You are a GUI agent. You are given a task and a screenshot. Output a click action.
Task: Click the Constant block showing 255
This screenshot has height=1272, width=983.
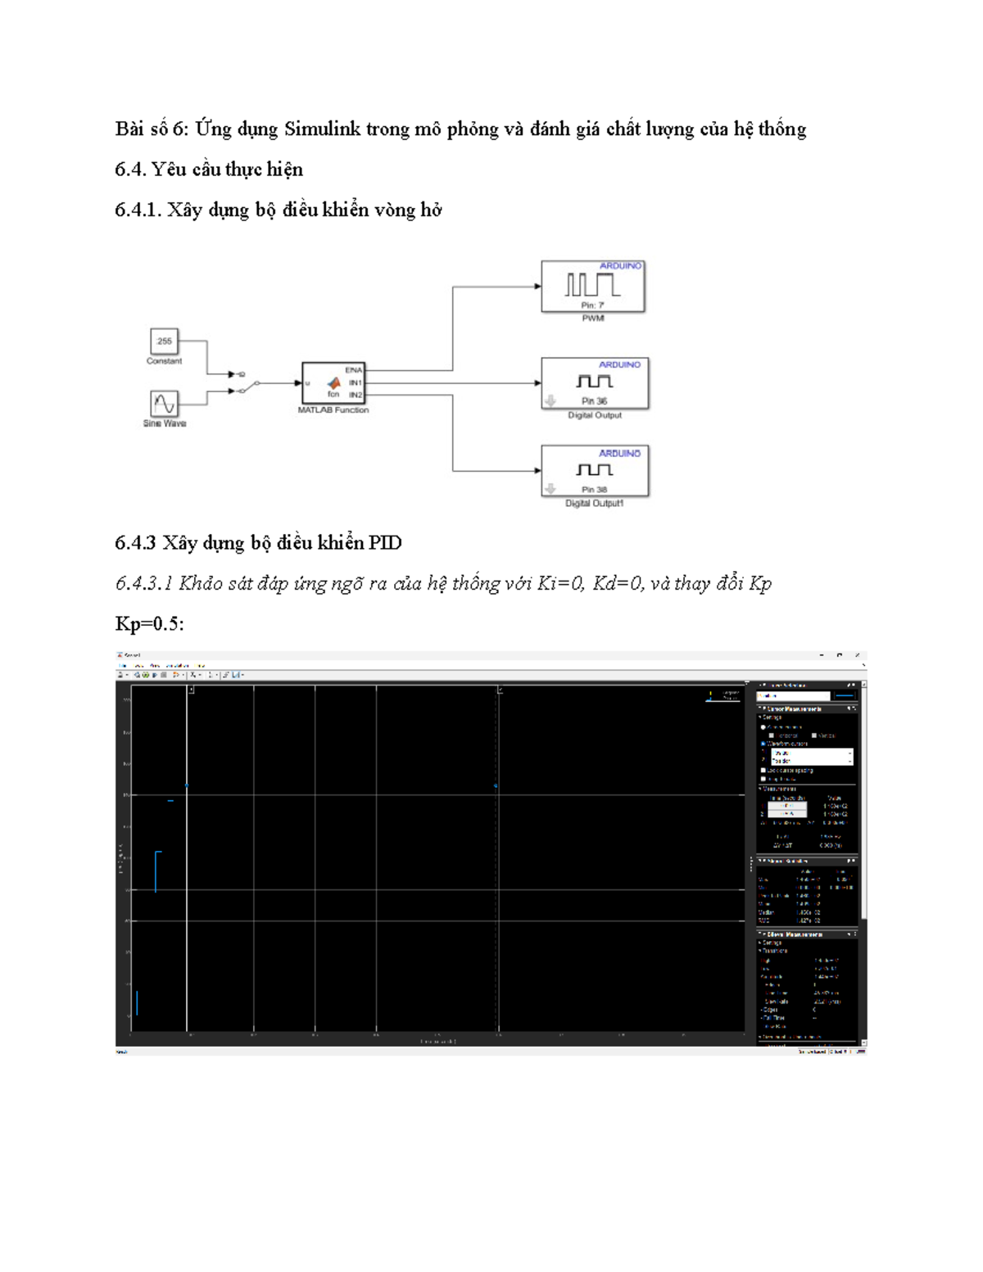[x=164, y=342]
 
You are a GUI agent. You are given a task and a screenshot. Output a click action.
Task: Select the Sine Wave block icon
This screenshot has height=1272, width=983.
[x=164, y=404]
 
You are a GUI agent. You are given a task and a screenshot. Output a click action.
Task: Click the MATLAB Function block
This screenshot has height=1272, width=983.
[x=333, y=383]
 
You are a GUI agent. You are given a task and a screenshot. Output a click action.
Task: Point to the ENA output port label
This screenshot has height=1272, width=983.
[x=353, y=370]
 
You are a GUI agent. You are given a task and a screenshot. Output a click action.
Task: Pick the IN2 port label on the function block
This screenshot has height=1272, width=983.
[x=355, y=395]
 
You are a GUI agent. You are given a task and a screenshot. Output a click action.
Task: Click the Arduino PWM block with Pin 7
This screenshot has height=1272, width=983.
[x=593, y=287]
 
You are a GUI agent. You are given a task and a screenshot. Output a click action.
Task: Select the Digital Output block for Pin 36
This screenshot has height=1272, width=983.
[x=595, y=383]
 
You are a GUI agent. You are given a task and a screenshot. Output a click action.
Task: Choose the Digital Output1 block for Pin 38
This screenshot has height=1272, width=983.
[x=595, y=471]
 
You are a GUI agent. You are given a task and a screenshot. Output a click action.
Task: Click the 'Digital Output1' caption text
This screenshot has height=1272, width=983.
[x=594, y=504]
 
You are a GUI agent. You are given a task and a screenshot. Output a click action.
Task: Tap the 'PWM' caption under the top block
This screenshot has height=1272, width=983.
[x=593, y=319]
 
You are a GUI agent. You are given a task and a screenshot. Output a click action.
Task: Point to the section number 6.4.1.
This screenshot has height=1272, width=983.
[x=138, y=210]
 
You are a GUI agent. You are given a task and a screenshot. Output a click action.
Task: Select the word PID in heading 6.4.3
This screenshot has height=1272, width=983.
[x=384, y=543]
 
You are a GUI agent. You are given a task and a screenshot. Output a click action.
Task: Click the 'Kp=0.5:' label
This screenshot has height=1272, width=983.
[x=149, y=624]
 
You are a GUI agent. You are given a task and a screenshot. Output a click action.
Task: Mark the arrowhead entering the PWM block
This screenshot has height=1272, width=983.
[x=537, y=287]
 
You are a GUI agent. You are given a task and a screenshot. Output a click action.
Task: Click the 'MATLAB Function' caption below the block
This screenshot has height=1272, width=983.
[x=333, y=410]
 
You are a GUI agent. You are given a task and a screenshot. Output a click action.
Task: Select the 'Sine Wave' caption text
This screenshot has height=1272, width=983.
[x=165, y=423]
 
